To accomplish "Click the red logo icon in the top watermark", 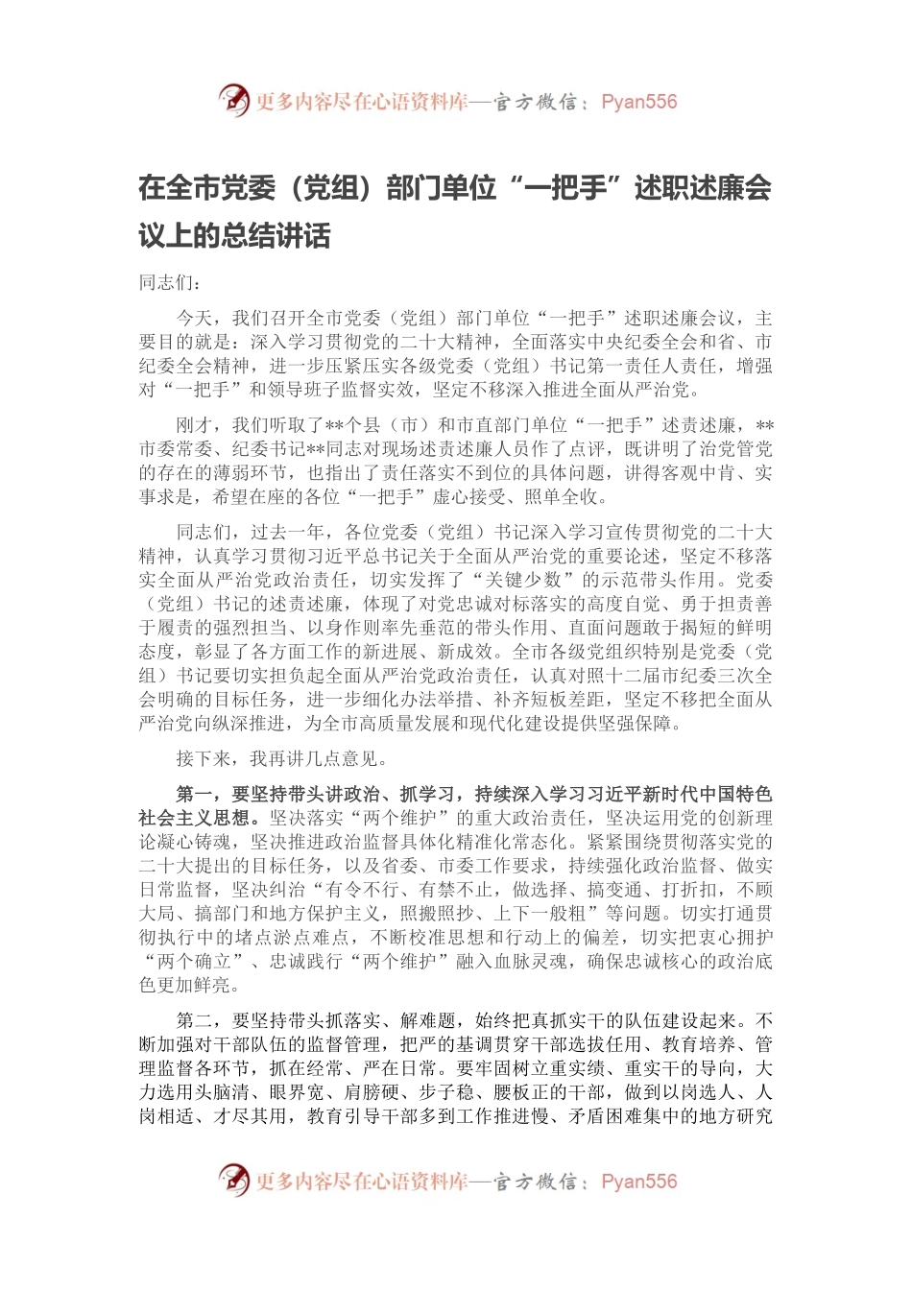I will coord(234,100).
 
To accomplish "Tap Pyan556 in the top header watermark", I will coord(638,102).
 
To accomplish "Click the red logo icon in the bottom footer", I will coord(234,1180).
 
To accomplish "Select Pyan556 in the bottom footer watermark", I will coord(638,1182).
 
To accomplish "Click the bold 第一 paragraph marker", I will coord(195,795).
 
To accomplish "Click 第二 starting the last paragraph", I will coord(195,1020).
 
